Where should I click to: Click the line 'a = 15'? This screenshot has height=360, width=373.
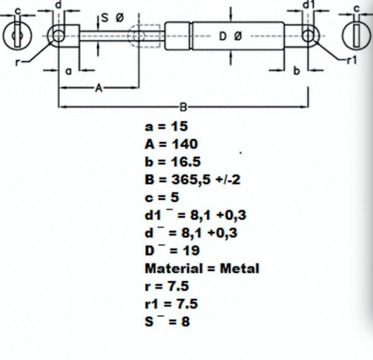pyautogui.click(x=166, y=126)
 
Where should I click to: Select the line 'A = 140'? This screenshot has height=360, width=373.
pyautogui.click(x=171, y=144)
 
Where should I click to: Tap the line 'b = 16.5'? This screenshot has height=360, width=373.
pyautogui.click(x=173, y=162)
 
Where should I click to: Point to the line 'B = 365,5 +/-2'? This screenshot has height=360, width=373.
pyautogui.click(x=193, y=179)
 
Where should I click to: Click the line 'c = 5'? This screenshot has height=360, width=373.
pyautogui.click(x=162, y=197)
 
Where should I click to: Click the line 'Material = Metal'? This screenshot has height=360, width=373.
pyautogui.click(x=202, y=268)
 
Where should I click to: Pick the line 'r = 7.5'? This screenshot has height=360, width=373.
pyautogui.click(x=167, y=286)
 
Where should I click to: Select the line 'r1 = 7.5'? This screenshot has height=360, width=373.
pyautogui.click(x=171, y=304)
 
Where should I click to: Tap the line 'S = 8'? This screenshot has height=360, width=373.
pyautogui.click(x=167, y=321)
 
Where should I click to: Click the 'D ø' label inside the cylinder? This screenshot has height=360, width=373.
pyautogui.click(x=230, y=36)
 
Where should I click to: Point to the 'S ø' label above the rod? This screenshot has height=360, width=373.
pyautogui.click(x=112, y=18)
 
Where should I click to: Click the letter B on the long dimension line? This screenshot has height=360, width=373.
pyautogui.click(x=183, y=107)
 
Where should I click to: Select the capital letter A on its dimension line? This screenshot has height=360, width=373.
pyautogui.click(x=99, y=88)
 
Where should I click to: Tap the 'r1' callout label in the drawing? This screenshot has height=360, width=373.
pyautogui.click(x=352, y=60)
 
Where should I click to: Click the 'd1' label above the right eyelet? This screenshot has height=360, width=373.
pyautogui.click(x=308, y=5)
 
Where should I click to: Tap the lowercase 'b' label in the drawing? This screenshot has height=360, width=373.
pyautogui.click(x=296, y=71)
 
